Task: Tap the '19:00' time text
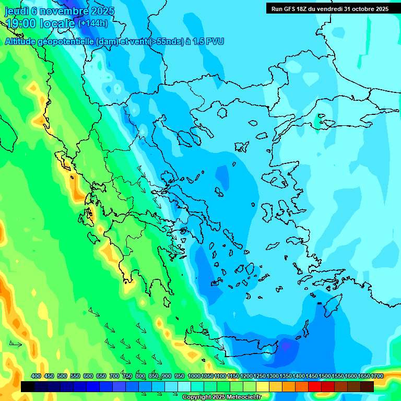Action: pyautogui.click(x=21, y=23)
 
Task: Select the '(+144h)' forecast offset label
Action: pyautogui.click(x=92, y=23)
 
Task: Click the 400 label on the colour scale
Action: pyautogui.click(x=36, y=376)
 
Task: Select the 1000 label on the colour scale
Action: pyautogui.click(x=194, y=376)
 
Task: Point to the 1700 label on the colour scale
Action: pyautogui.click(x=377, y=376)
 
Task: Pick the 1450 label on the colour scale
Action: pyautogui.click(x=312, y=376)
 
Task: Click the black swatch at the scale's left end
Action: pyautogui.click(x=28, y=386)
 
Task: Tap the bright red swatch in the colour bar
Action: pyautogui.click(x=315, y=386)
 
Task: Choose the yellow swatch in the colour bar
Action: pyautogui.click(x=263, y=386)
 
